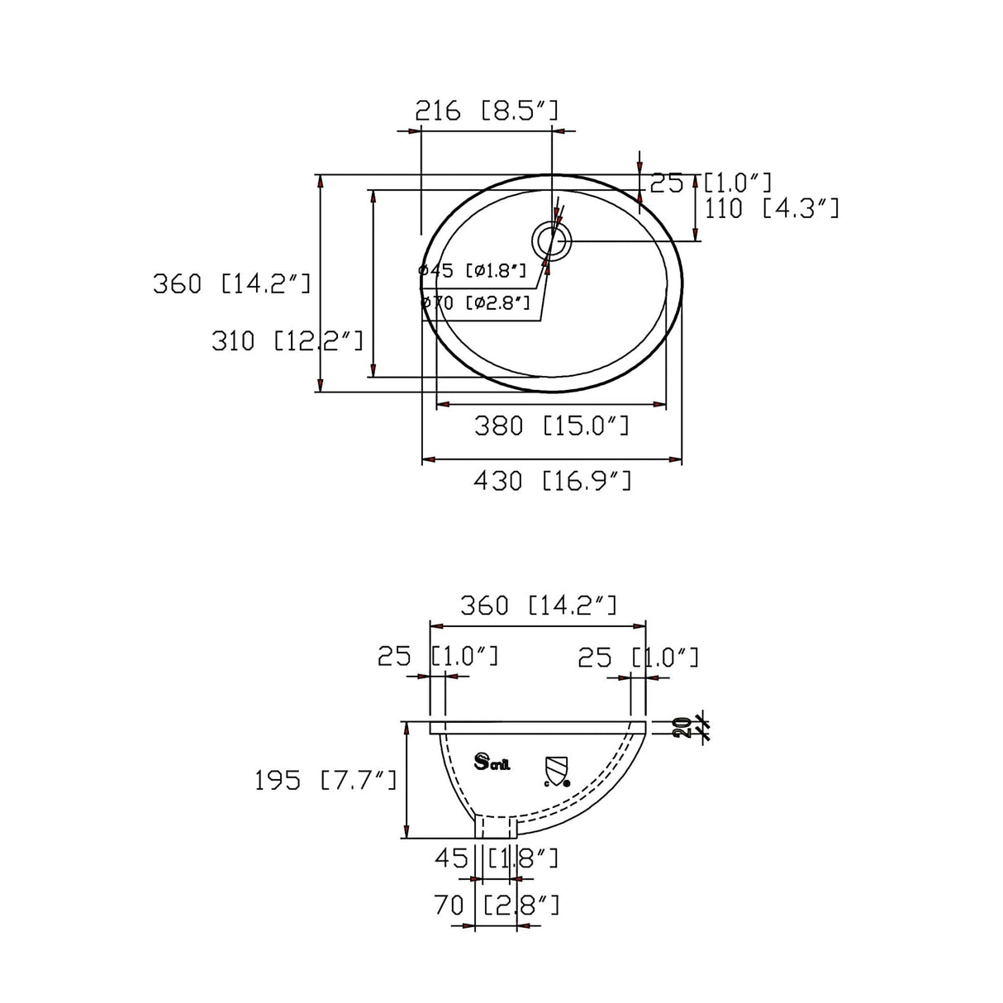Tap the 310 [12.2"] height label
point(287,340)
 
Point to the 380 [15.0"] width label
point(551,425)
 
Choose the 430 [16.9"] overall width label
point(552,480)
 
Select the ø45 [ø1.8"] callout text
point(473,270)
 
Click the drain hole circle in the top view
point(552,241)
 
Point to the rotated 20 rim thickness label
point(682,727)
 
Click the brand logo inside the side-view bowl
point(493,762)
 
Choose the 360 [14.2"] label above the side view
point(538,606)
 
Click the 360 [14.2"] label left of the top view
point(231,283)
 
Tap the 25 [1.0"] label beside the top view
point(711,183)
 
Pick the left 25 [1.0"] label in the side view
point(438,657)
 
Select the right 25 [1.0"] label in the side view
point(638,658)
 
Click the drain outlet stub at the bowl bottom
point(495,825)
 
